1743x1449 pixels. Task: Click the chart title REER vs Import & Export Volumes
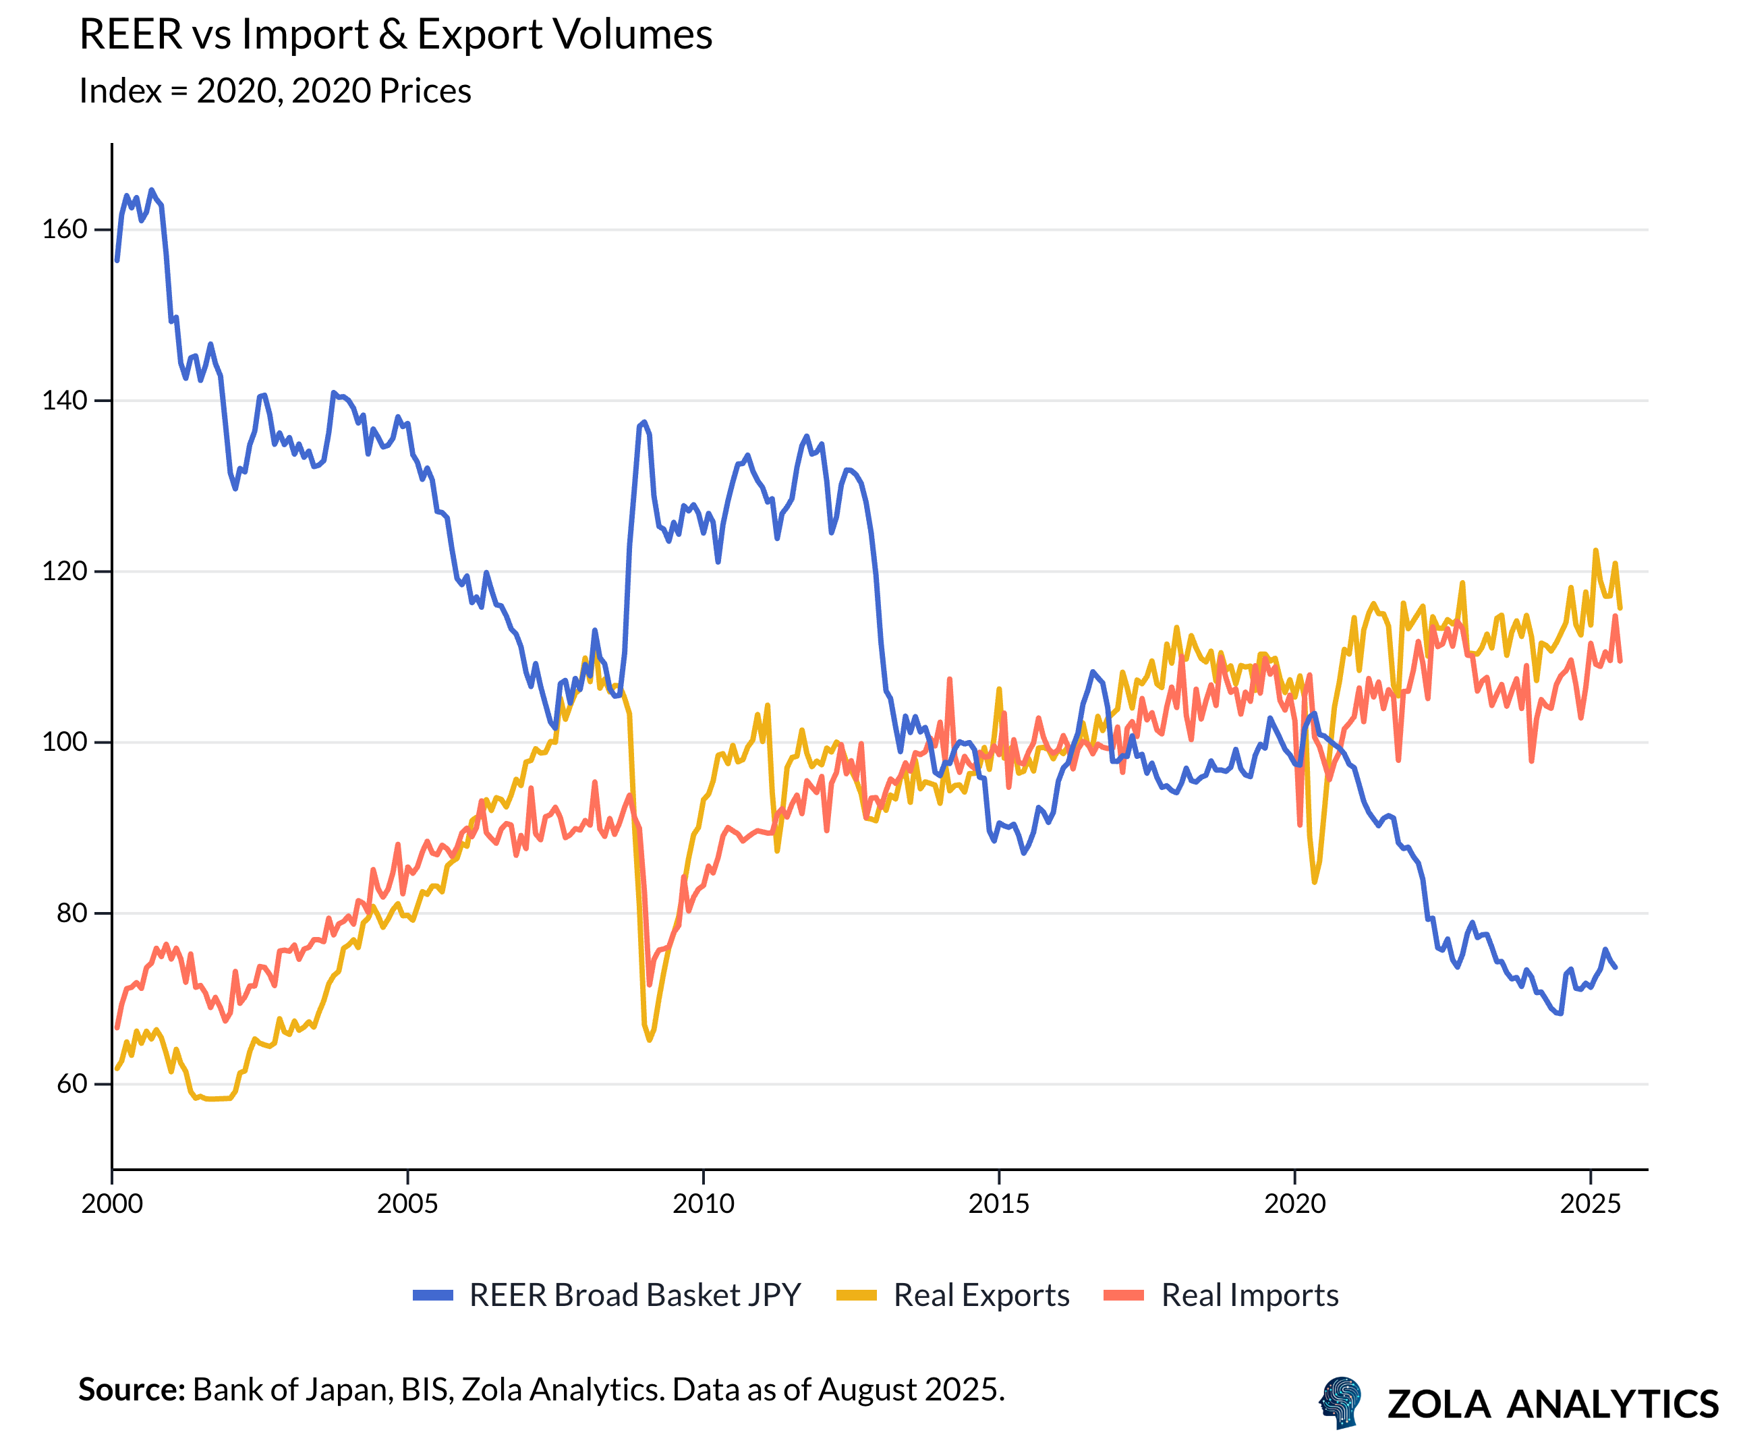click(395, 35)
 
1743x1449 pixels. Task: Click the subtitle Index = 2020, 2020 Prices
click(275, 90)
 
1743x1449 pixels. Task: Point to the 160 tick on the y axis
click(65, 229)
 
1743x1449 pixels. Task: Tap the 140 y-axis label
click(65, 400)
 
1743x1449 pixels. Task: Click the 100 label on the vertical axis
click(65, 742)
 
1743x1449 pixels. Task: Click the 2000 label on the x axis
click(112, 1203)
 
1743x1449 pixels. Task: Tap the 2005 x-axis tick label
click(407, 1203)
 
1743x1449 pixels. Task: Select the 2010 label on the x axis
click(703, 1203)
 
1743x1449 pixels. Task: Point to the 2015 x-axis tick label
click(998, 1203)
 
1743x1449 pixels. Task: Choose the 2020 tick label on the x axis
click(1295, 1203)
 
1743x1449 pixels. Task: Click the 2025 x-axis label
click(1591, 1203)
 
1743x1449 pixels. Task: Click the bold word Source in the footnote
click(131, 1389)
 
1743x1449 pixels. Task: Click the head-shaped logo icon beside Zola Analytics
click(1340, 1402)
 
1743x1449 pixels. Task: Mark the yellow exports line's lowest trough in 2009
click(649, 1040)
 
